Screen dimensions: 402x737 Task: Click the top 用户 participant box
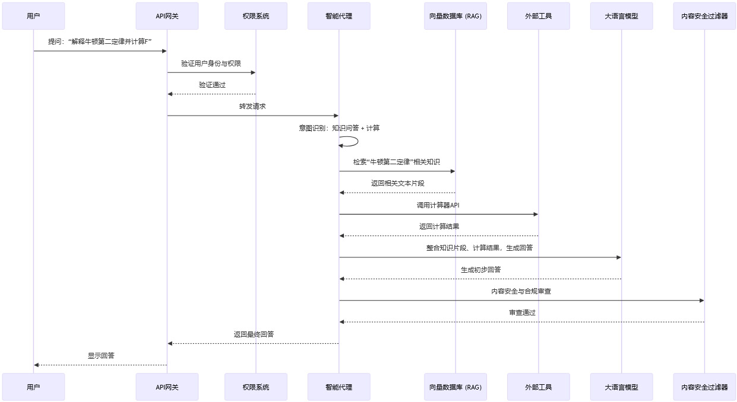[33, 16]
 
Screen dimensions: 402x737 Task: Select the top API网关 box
[167, 16]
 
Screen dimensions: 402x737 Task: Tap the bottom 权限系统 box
[256, 387]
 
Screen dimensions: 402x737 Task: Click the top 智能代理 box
[339, 16]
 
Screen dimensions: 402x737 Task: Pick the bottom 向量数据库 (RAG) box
[456, 387]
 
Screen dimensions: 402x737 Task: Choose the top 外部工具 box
[539, 16]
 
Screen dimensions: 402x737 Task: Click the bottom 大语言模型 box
[622, 387]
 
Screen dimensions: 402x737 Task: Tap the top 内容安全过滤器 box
[704, 16]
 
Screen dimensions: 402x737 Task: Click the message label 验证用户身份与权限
[211, 63]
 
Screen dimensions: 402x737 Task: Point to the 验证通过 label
[212, 85]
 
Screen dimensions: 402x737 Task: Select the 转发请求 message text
[252, 107]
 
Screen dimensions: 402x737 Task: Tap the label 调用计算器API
[438, 205]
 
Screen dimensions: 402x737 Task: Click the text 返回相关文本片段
[398, 183]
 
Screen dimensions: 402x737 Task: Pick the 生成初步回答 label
[480, 270]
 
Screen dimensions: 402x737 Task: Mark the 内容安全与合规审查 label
[521, 291]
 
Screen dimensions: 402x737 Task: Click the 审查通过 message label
[522, 312]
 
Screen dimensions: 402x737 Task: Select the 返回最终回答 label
[254, 334]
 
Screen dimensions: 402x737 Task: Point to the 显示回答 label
[101, 356]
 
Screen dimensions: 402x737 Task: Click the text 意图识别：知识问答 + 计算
[339, 128]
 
